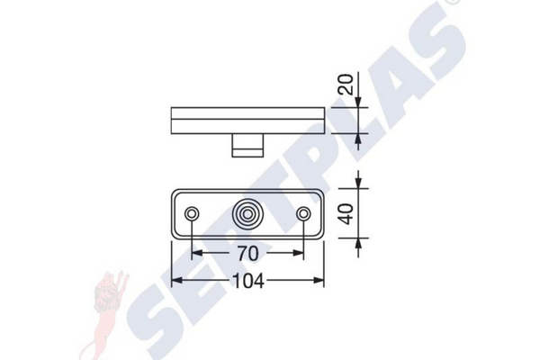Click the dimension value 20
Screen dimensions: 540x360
click(346, 84)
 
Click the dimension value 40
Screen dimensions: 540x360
click(346, 213)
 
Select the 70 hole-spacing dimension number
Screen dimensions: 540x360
click(247, 254)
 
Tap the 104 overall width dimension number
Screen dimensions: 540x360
click(248, 281)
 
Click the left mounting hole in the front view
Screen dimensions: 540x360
click(192, 214)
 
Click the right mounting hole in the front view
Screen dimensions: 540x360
click(303, 214)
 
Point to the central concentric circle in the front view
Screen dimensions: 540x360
click(247, 214)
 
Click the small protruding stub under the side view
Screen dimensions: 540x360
click(247, 145)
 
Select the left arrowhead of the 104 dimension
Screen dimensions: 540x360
click(176, 281)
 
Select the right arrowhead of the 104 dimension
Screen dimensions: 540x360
click(319, 281)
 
